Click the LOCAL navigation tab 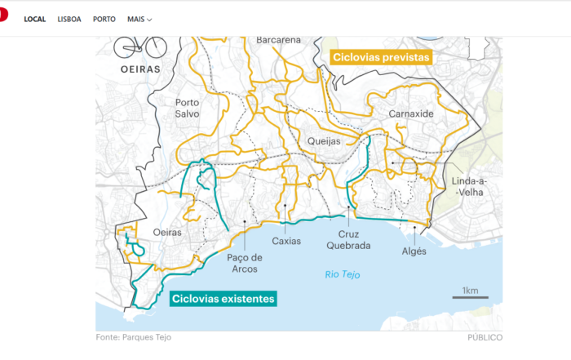34,19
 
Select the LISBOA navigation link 69,19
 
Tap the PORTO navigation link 104,19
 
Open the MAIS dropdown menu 139,19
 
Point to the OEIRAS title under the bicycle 136,69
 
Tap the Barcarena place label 278,39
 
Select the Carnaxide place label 410,113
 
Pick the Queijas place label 324,140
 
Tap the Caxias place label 286,241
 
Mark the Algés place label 414,251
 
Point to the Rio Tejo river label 342,274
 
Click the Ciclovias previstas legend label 380,58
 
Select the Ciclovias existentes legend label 224,299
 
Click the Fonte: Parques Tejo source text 133,337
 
